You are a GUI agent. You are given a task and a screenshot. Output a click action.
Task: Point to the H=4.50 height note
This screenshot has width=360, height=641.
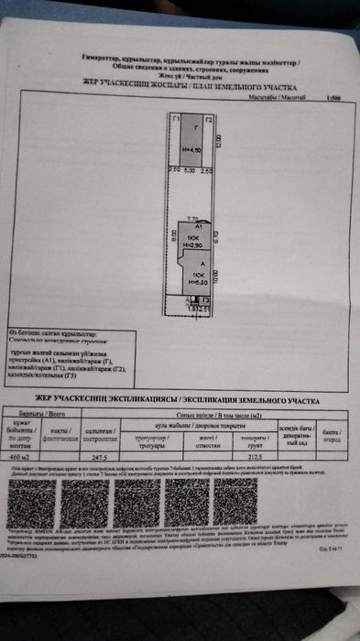[191, 149]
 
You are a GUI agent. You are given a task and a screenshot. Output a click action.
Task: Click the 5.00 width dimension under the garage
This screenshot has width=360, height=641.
[190, 170]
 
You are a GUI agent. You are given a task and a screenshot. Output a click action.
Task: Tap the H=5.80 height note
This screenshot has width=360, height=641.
[198, 281]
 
